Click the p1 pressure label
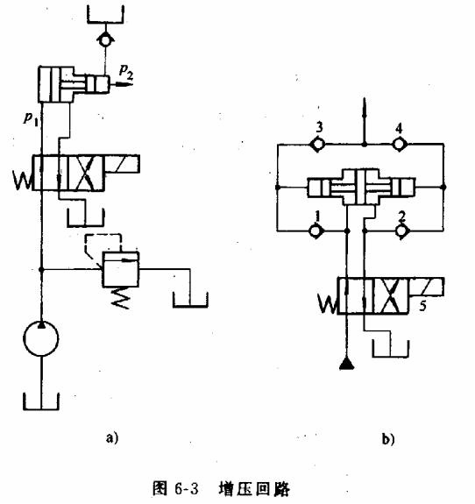[x=32, y=116]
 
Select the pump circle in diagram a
[x=39, y=338]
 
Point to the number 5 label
[x=422, y=308]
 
